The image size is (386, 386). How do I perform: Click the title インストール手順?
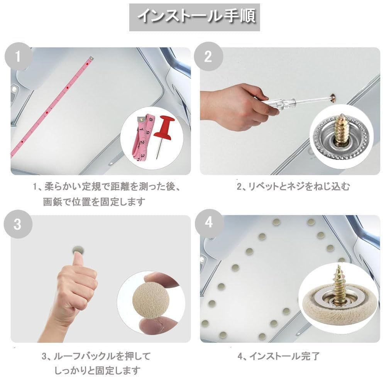click(196, 16)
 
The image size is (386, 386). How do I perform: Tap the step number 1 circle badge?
click(18, 56)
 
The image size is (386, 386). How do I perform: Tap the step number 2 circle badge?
click(208, 56)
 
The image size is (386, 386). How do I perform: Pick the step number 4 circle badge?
click(208, 223)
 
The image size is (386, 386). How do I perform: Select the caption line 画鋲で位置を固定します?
click(94, 201)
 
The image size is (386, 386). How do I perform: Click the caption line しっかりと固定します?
click(97, 370)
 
